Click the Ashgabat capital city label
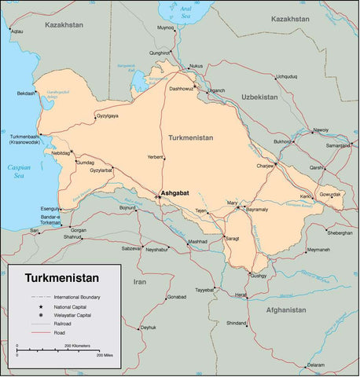[174, 192]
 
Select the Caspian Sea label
[18, 171]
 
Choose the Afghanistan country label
[285, 309]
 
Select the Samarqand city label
[339, 145]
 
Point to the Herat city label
[241, 294]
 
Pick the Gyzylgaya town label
[107, 115]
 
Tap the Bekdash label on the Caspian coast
[26, 93]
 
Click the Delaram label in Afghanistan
[315, 364]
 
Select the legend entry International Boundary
[77, 297]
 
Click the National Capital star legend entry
[72, 306]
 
